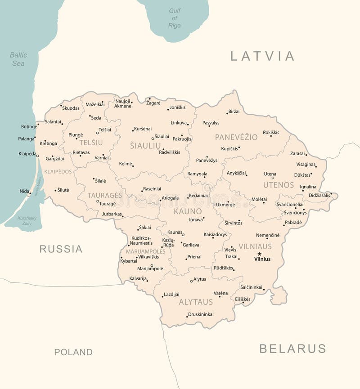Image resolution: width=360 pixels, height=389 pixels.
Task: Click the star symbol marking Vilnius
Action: coord(259,254)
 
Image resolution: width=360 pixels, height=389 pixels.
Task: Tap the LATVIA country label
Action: coord(262,56)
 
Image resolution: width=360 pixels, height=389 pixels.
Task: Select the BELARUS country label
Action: coord(292,349)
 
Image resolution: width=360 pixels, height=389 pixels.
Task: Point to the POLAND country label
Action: coord(73,352)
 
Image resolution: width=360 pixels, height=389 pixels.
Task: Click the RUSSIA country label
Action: coord(61,249)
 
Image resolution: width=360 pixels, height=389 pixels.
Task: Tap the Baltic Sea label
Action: coord(18,59)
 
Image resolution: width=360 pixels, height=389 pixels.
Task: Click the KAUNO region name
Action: coord(188,211)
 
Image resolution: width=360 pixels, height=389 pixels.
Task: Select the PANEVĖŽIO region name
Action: coord(236,137)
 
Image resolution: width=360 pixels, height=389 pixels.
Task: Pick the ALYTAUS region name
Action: coord(196,302)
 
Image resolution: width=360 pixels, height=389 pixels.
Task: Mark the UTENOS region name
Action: coord(279,185)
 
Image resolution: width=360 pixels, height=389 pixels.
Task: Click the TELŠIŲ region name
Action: coord(91,143)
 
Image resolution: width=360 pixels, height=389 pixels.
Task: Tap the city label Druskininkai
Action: coord(201,314)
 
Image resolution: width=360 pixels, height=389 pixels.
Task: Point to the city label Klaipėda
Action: coord(27,154)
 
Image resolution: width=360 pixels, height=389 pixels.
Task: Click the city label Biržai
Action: coord(234,111)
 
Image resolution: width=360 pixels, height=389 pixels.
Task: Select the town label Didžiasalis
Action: coord(319,195)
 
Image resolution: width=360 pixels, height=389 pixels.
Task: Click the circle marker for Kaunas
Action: coord(183,234)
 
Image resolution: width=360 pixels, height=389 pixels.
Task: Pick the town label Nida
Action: coord(24,191)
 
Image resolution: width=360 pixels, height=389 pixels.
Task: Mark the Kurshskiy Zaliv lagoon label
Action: coord(27,220)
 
